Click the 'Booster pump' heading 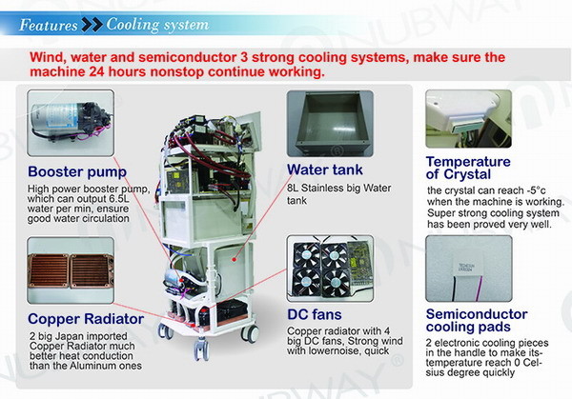(x=77, y=172)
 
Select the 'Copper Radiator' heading (x=86, y=319)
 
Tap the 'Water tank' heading (x=325, y=170)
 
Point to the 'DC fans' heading (x=315, y=314)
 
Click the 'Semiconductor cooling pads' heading (x=477, y=321)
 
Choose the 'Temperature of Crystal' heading (x=468, y=168)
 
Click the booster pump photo (x=71, y=123)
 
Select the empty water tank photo (x=330, y=124)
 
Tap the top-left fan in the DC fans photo (x=307, y=254)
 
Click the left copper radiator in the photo (x=49, y=270)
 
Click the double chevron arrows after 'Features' (x=92, y=25)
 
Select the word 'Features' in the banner (x=49, y=25)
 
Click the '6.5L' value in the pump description (x=119, y=199)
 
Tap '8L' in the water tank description (x=293, y=188)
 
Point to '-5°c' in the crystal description (x=536, y=190)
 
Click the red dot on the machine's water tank (x=235, y=259)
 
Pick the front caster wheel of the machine (x=201, y=349)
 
